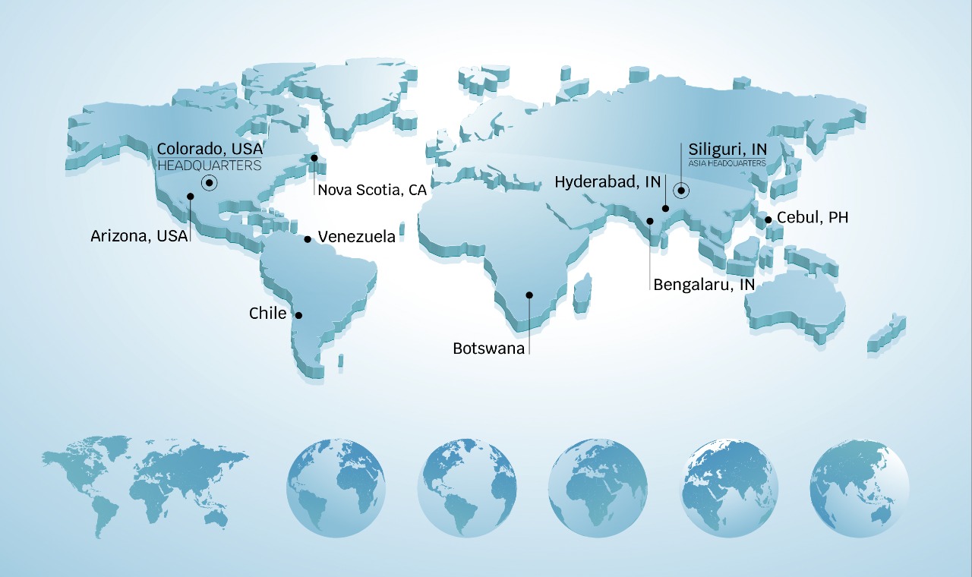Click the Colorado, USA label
[x=210, y=149]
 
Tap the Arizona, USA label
[x=139, y=236]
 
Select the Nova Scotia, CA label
[x=372, y=190]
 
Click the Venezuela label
[x=356, y=237]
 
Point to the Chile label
[x=268, y=314]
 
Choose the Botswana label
[x=489, y=348]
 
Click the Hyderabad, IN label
[x=607, y=182]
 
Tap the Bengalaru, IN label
[x=704, y=285]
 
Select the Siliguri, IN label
[x=727, y=149]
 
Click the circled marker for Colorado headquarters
[x=209, y=183]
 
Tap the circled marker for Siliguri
[x=681, y=191]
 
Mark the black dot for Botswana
[x=529, y=295]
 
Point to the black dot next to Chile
[x=298, y=315]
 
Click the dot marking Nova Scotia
[x=314, y=158]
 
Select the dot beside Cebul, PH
[x=768, y=219]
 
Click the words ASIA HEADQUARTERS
[x=727, y=163]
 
